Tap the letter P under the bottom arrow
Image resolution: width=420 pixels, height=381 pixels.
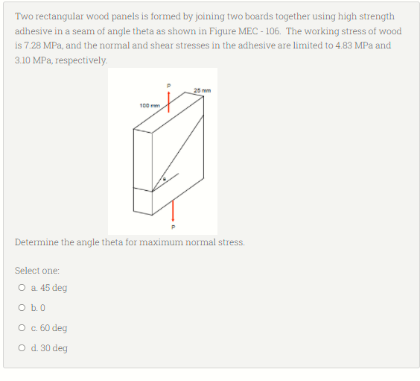[x=173, y=227]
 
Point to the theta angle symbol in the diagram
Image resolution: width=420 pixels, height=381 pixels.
[x=166, y=180]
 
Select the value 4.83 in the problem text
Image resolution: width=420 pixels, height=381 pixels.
[x=347, y=45]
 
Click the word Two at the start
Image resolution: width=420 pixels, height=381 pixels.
[x=24, y=16]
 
